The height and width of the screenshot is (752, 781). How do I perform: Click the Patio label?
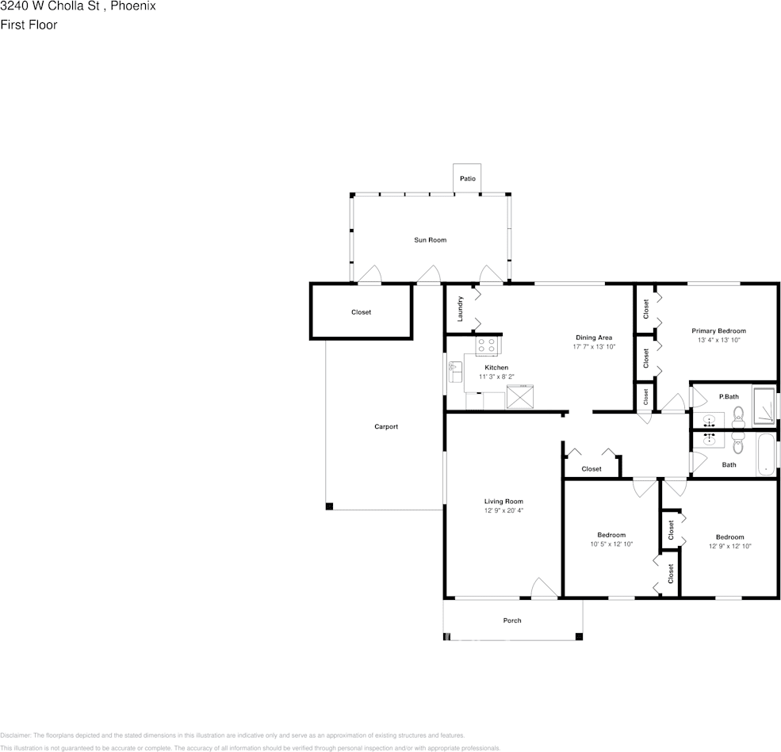point(468,179)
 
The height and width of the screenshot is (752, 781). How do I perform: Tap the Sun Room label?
point(430,240)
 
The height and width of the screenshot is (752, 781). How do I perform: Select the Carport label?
point(386,427)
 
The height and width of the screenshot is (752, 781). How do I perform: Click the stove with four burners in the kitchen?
point(486,345)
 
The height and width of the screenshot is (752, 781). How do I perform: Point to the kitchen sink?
point(455,371)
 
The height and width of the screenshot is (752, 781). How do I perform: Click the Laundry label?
point(460,308)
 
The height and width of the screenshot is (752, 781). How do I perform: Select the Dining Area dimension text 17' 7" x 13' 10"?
point(594,347)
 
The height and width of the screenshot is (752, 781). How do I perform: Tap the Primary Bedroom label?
point(718,331)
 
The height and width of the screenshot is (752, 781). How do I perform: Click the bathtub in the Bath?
point(765,455)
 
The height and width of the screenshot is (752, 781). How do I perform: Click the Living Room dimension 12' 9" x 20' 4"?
point(503,511)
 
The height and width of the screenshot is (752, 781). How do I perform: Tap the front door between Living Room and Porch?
point(544,589)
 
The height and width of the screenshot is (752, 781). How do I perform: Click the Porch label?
point(512,620)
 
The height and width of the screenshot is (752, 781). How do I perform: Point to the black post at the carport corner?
point(329,506)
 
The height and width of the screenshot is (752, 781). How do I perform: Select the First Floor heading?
point(29,25)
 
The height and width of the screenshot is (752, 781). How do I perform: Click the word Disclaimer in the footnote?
point(15,735)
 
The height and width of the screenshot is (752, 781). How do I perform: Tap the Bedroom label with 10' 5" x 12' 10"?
point(611,535)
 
